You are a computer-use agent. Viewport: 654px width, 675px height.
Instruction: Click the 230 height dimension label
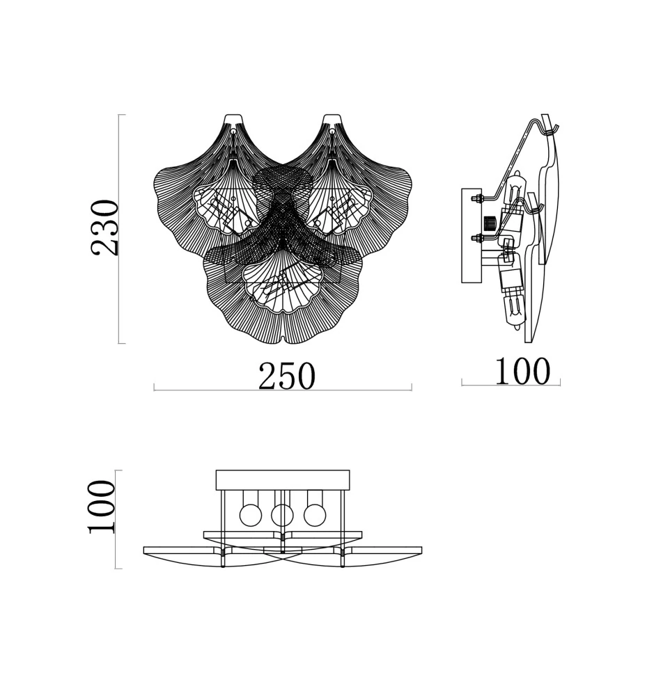click(x=104, y=228)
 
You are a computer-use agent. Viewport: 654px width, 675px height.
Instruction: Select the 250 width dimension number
click(x=287, y=376)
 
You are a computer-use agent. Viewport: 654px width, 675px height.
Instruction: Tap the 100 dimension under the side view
click(x=522, y=371)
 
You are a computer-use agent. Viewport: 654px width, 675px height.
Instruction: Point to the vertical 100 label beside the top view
click(x=102, y=507)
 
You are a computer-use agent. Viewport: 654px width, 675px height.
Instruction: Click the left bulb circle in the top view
click(x=250, y=515)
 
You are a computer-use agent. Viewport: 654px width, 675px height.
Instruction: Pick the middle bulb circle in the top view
click(x=282, y=515)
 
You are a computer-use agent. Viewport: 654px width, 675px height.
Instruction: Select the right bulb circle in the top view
click(x=315, y=515)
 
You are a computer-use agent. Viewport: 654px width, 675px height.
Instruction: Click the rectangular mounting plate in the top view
click(x=283, y=479)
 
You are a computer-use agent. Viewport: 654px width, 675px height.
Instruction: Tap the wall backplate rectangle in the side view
click(x=472, y=235)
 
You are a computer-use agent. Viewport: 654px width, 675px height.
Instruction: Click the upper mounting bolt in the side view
click(x=478, y=199)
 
